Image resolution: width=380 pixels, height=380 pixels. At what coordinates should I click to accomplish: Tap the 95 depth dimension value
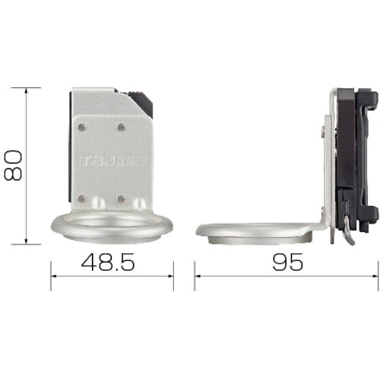[287, 262]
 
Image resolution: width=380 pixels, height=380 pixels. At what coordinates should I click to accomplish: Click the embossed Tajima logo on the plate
[111, 160]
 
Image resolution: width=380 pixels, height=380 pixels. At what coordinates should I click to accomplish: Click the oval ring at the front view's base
[112, 226]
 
